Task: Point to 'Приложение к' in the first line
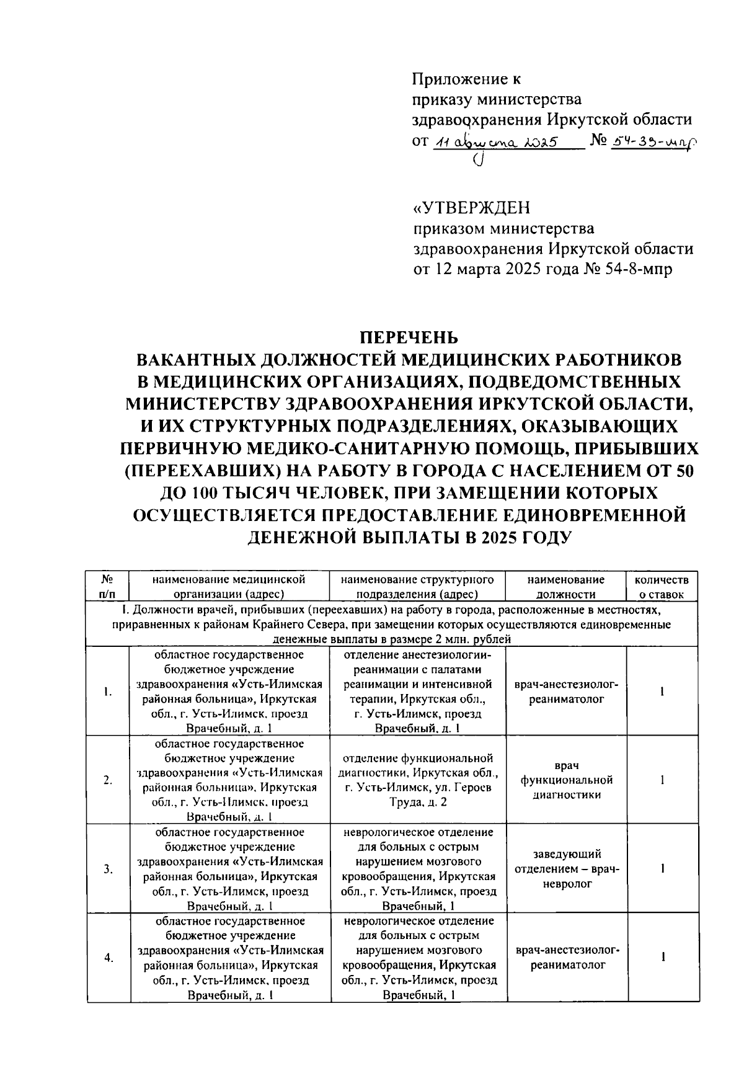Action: (466, 79)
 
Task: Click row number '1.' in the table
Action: (108, 692)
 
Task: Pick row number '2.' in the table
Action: (108, 780)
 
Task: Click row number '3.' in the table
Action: (108, 869)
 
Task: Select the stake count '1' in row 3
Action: (662, 869)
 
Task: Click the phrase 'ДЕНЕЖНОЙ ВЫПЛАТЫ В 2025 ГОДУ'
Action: (409, 537)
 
